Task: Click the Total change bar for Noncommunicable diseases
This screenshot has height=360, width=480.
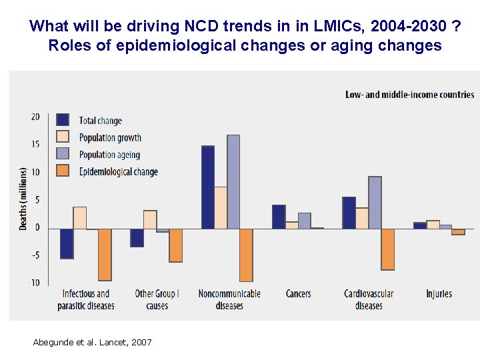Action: click(x=208, y=187)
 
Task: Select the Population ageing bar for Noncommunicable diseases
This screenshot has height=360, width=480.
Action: click(x=233, y=181)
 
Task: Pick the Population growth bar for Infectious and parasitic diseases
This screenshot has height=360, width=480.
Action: click(x=79, y=217)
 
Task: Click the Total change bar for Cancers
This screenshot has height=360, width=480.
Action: click(x=279, y=217)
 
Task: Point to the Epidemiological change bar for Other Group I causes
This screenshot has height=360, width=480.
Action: click(x=176, y=245)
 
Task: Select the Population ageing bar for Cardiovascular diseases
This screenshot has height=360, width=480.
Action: click(x=375, y=202)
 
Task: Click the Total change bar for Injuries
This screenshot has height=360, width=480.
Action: click(x=419, y=225)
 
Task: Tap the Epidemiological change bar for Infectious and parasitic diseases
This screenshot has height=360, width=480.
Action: click(x=105, y=254)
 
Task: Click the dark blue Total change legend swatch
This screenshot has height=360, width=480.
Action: click(x=63, y=120)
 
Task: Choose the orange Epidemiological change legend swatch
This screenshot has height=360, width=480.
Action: click(x=63, y=171)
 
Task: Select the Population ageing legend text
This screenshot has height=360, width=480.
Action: click(x=109, y=155)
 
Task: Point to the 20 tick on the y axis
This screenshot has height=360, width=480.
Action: click(x=35, y=117)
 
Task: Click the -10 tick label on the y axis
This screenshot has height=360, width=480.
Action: click(x=34, y=283)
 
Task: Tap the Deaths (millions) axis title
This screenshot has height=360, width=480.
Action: click(x=23, y=199)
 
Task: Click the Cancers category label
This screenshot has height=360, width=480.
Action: click(x=298, y=293)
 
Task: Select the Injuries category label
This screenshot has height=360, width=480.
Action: click(x=439, y=293)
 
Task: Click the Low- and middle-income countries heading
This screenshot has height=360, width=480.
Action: click(x=409, y=94)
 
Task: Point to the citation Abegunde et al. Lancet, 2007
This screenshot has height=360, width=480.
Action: click(x=92, y=342)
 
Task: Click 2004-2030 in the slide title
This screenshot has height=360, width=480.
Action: click(x=408, y=27)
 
